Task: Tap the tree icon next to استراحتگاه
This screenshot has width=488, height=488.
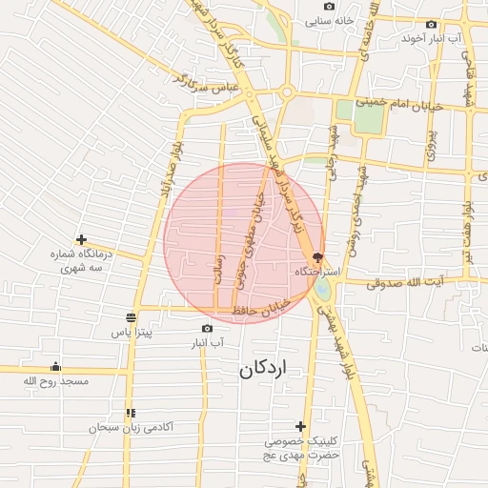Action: point(317,257)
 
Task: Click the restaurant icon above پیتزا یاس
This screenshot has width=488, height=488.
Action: point(132,318)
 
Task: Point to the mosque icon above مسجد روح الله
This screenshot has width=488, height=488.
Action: point(55,367)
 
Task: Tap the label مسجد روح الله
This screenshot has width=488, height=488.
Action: point(56,382)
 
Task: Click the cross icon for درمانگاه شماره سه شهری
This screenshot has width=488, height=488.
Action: point(82,239)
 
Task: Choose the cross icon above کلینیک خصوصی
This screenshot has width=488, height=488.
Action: point(301,426)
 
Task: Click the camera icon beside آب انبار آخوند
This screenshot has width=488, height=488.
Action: point(432,25)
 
